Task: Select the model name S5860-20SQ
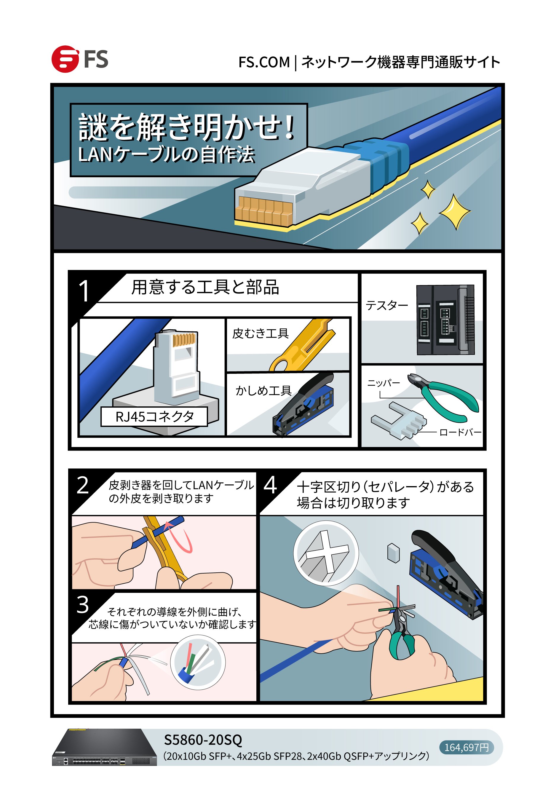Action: [x=203, y=740]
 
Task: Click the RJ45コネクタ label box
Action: [x=154, y=416]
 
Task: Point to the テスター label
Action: [x=386, y=306]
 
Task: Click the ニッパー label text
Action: [x=383, y=383]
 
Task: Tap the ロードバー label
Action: [x=460, y=432]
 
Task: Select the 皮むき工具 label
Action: [x=260, y=333]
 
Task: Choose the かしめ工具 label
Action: [x=263, y=390]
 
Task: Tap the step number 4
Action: [x=270, y=485]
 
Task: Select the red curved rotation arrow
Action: [x=183, y=537]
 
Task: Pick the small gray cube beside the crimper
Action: [x=393, y=553]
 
